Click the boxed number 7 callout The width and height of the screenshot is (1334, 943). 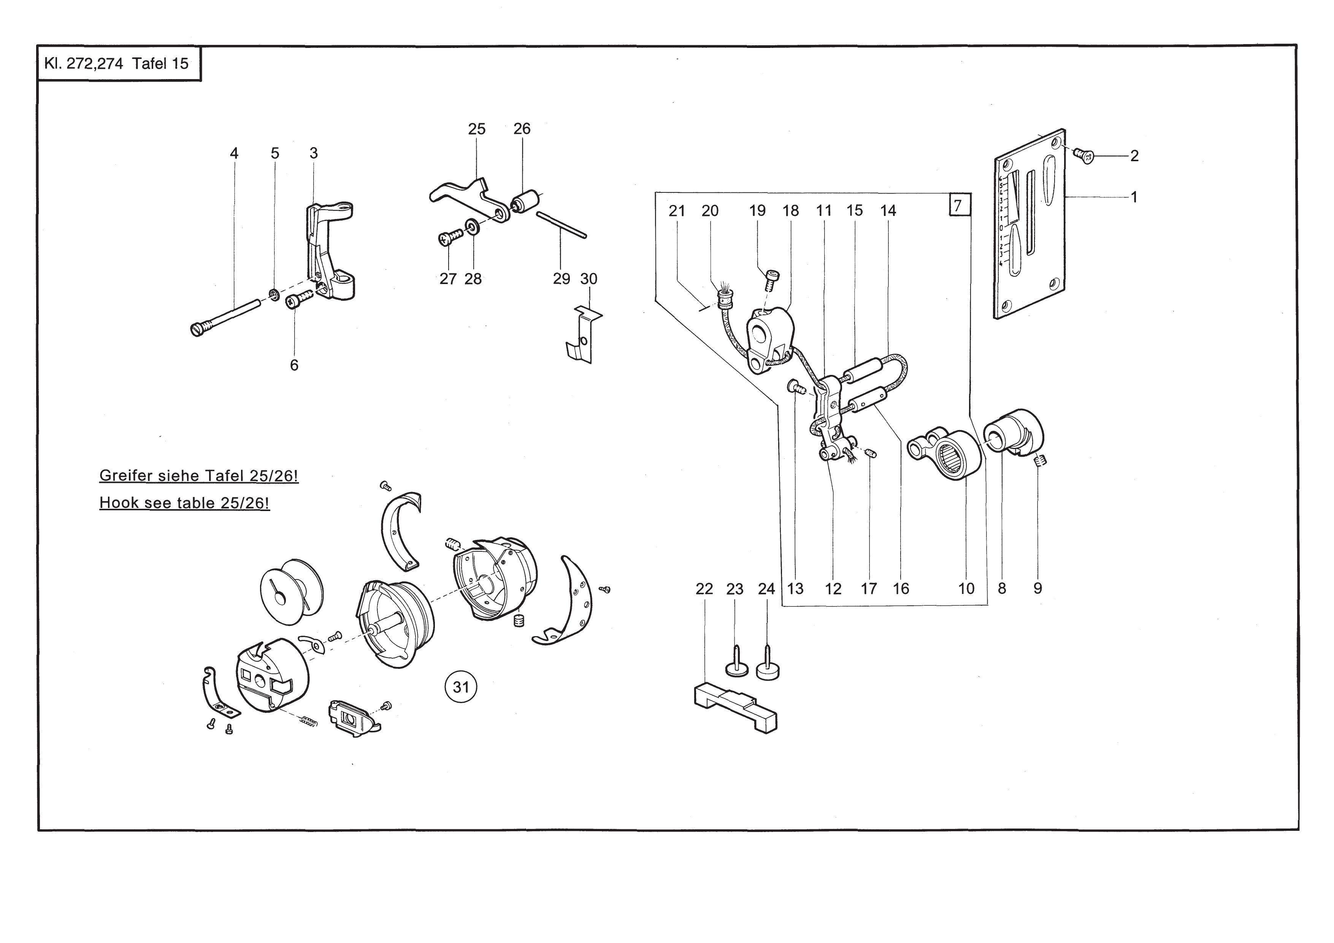point(959,205)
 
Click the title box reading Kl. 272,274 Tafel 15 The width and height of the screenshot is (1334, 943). point(119,64)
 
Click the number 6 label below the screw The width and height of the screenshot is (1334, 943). point(294,365)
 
